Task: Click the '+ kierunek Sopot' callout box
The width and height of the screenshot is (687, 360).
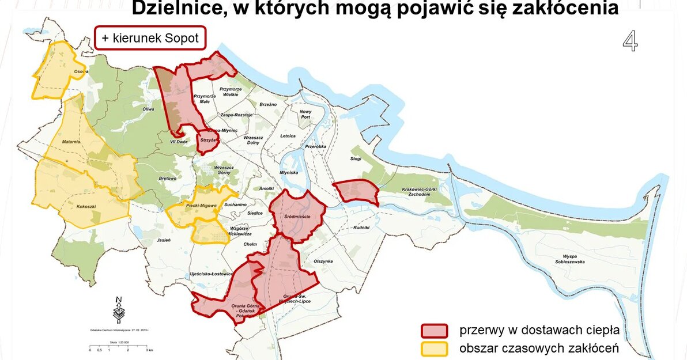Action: pyautogui.click(x=150, y=38)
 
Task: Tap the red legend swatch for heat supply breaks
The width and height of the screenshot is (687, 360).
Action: pyautogui.click(x=434, y=331)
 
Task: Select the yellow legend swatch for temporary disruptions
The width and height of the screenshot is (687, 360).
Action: pyautogui.click(x=434, y=349)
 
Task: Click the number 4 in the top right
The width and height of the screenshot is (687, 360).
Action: pyautogui.click(x=630, y=41)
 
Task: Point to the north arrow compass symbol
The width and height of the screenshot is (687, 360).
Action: pyautogui.click(x=119, y=309)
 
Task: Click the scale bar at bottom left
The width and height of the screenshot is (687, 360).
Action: pyautogui.click(x=119, y=346)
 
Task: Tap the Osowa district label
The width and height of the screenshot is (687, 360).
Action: pyautogui.click(x=80, y=71)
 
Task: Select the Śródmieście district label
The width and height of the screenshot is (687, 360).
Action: pyautogui.click(x=297, y=216)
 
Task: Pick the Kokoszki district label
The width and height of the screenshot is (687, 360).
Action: pyautogui.click(x=86, y=205)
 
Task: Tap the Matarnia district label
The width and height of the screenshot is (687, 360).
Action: pyautogui.click(x=72, y=141)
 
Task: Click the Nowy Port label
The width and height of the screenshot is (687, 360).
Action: pyautogui.click(x=305, y=114)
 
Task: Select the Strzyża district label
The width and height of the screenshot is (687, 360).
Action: pyautogui.click(x=207, y=140)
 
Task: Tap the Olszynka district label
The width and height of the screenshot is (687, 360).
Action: pyautogui.click(x=323, y=261)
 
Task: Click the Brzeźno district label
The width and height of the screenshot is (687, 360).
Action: pyautogui.click(x=268, y=104)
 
